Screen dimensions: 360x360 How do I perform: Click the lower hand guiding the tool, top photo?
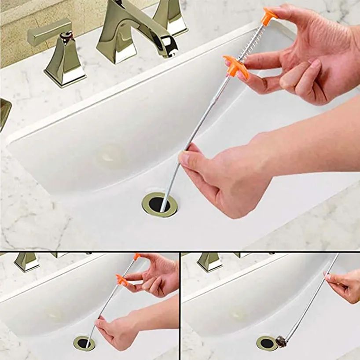coord(220,176)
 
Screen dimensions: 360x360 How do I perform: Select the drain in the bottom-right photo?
coord(267,343)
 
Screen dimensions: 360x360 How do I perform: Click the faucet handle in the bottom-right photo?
coord(209,261)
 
